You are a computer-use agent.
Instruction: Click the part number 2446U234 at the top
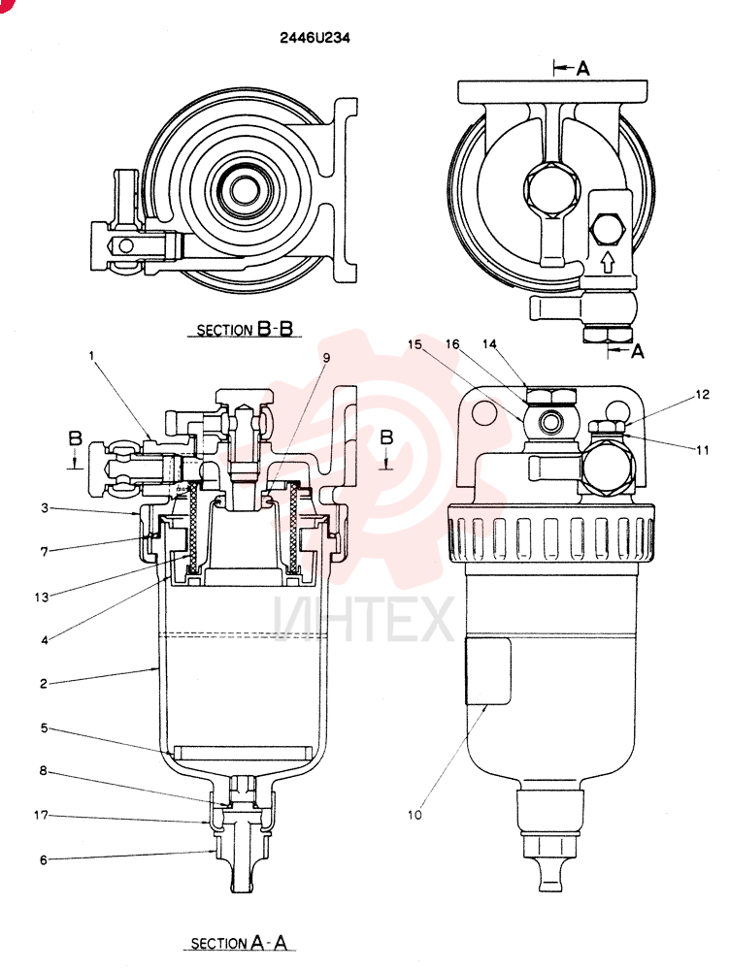tap(315, 39)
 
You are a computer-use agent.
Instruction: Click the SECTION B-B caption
tap(245, 329)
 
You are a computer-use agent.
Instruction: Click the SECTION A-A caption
tap(239, 943)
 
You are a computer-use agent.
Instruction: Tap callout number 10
tap(415, 815)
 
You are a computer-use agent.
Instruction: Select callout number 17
tap(41, 816)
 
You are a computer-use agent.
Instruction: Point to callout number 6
tap(44, 859)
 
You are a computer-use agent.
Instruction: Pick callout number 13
tap(42, 597)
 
